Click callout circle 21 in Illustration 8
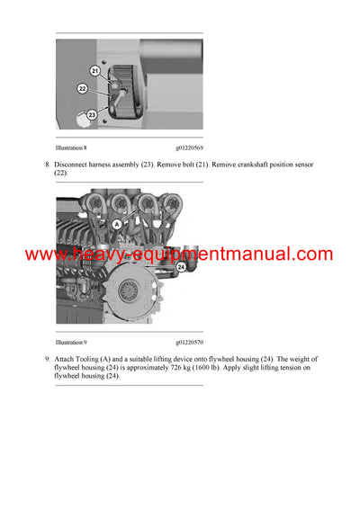point(95,70)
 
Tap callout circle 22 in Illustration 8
point(82,88)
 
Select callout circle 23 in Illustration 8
point(91,114)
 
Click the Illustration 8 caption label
point(71,146)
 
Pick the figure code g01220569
point(189,146)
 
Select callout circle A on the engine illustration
point(116,224)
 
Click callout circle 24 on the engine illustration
point(181,266)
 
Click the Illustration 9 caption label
point(71,343)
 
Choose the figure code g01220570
point(189,343)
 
